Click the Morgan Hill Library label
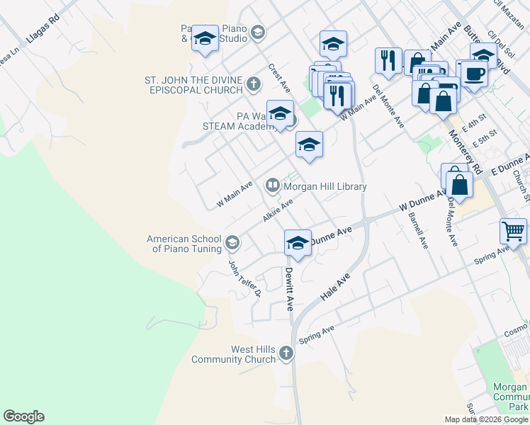tap(325, 186)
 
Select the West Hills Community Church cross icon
tap(286, 353)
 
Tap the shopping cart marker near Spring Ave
tap(513, 231)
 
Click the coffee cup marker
tap(475, 73)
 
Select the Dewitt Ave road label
tap(289, 289)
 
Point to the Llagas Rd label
tap(40, 33)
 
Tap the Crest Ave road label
tap(279, 77)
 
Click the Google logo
tap(23, 416)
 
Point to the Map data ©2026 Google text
tap(486, 419)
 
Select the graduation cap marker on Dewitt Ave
tap(298, 244)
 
